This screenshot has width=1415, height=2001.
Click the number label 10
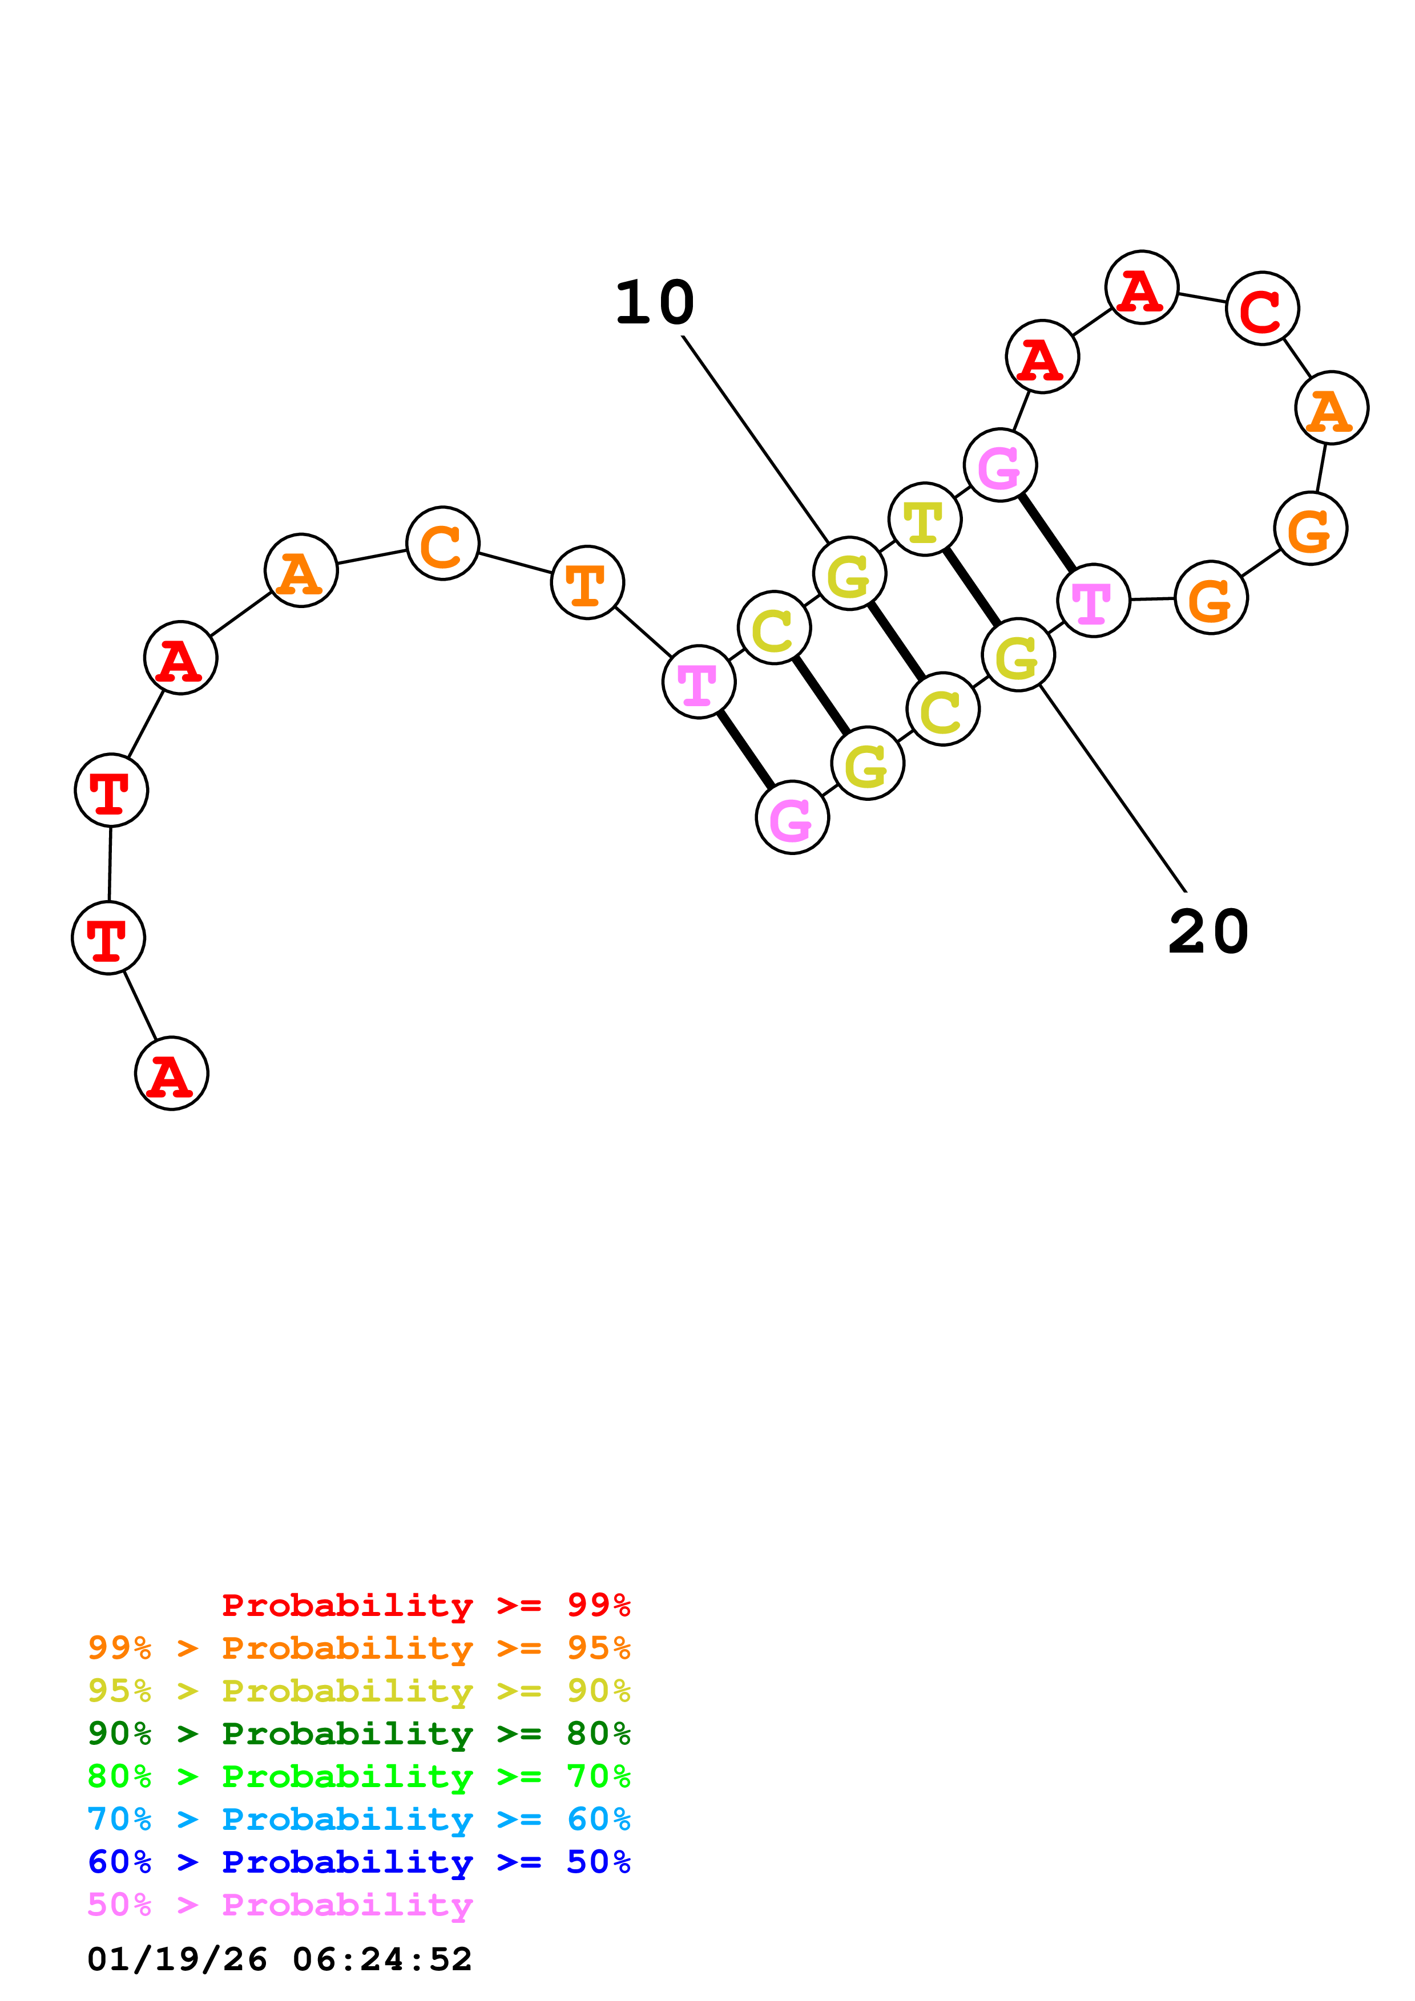click(x=654, y=303)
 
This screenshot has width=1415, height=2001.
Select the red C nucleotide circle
click(x=1261, y=309)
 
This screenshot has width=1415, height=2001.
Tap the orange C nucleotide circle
click(x=443, y=543)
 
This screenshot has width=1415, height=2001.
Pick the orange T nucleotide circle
click(x=587, y=582)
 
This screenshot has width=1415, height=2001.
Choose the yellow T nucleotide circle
click(x=924, y=520)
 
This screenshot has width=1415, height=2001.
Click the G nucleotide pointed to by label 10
click(x=849, y=573)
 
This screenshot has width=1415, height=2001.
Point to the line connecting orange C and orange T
click(x=515, y=563)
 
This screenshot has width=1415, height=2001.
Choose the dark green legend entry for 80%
click(x=359, y=1733)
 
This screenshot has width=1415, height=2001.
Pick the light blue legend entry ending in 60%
click(x=359, y=1820)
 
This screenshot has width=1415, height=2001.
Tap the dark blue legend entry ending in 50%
click(x=359, y=1862)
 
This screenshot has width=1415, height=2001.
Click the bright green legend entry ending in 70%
click(x=359, y=1776)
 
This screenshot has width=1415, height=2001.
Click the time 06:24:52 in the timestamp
click(x=382, y=1960)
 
